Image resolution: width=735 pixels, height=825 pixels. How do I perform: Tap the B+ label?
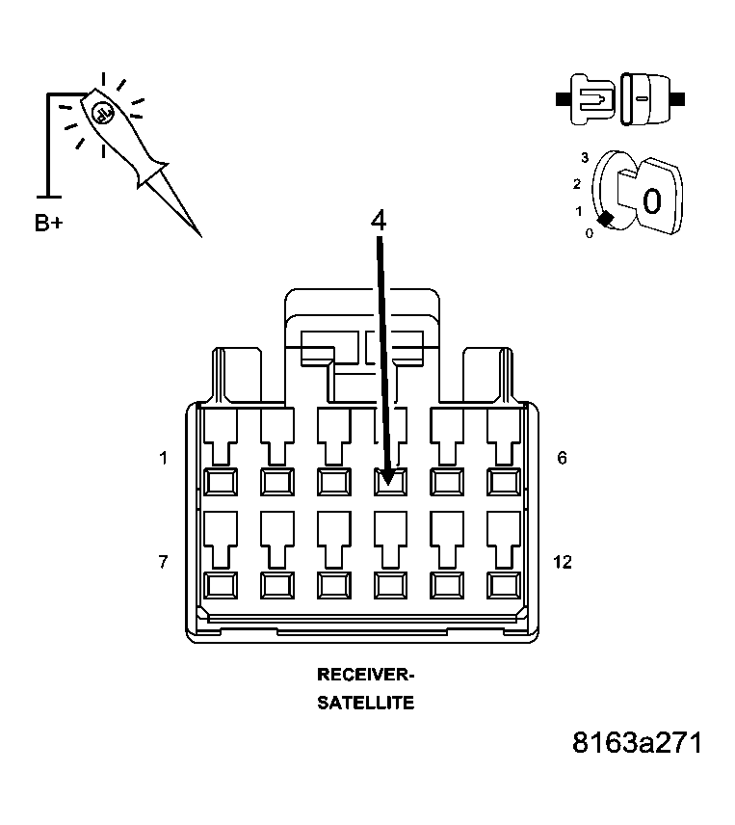pyautogui.click(x=49, y=224)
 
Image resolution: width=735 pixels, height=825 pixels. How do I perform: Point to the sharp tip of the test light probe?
pyautogui.click(x=198, y=234)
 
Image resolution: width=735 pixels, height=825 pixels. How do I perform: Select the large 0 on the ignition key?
pyautogui.click(x=651, y=200)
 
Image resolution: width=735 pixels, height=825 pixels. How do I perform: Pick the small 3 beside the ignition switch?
pyautogui.click(x=584, y=156)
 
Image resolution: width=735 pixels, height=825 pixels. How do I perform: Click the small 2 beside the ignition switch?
pyautogui.click(x=576, y=184)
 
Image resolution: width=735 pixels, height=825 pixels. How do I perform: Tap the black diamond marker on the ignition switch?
pyautogui.click(x=605, y=220)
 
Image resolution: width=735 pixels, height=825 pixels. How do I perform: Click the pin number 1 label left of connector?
pyautogui.click(x=164, y=459)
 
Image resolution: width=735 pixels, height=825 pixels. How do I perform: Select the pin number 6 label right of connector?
pyautogui.click(x=562, y=459)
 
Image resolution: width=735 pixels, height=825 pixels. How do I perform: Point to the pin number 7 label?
pyautogui.click(x=164, y=561)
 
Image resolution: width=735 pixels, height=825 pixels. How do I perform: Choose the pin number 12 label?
pyautogui.click(x=562, y=561)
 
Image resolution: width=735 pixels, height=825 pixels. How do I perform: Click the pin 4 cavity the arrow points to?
pyautogui.click(x=389, y=480)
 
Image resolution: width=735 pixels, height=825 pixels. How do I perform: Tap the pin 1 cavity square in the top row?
pyautogui.click(x=221, y=480)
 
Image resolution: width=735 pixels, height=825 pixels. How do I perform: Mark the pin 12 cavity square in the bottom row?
pyautogui.click(x=502, y=584)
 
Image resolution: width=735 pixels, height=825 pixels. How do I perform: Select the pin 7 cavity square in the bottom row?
pyautogui.click(x=221, y=584)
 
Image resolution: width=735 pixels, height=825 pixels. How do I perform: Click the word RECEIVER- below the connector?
pyautogui.click(x=365, y=675)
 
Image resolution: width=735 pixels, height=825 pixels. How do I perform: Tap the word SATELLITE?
pyautogui.click(x=365, y=703)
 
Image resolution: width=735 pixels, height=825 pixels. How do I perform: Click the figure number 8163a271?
pyautogui.click(x=636, y=743)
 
